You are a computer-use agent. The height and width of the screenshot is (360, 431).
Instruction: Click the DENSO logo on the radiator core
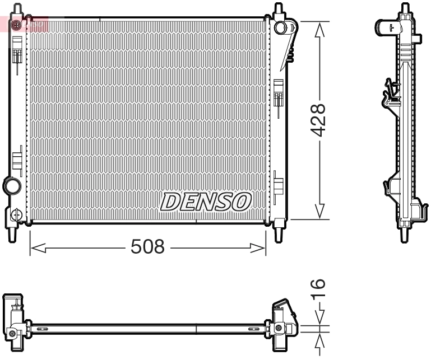point(206,202)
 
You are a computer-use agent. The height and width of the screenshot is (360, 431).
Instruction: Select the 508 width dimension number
point(147,247)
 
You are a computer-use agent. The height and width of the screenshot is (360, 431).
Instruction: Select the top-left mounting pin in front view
point(17,10)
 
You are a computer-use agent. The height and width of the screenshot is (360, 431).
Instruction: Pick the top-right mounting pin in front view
point(277,10)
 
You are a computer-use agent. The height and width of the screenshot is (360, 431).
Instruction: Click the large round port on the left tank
point(11,185)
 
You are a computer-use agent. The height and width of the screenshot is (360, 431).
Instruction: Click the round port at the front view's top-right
point(281,27)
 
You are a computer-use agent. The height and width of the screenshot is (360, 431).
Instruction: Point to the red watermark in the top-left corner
point(25,24)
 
